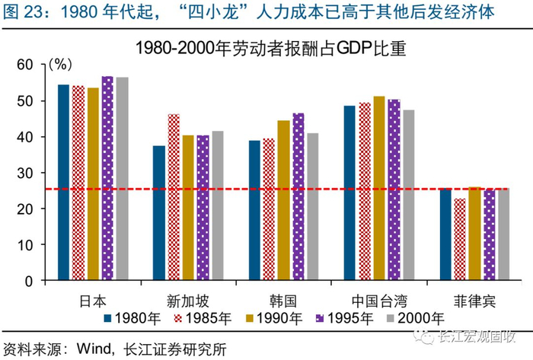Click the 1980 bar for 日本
click(x=63, y=183)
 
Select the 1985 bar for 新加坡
click(x=174, y=197)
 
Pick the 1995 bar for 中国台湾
click(x=394, y=190)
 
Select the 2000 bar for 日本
click(x=123, y=179)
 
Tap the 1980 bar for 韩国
click(x=254, y=210)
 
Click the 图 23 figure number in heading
click(x=25, y=13)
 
